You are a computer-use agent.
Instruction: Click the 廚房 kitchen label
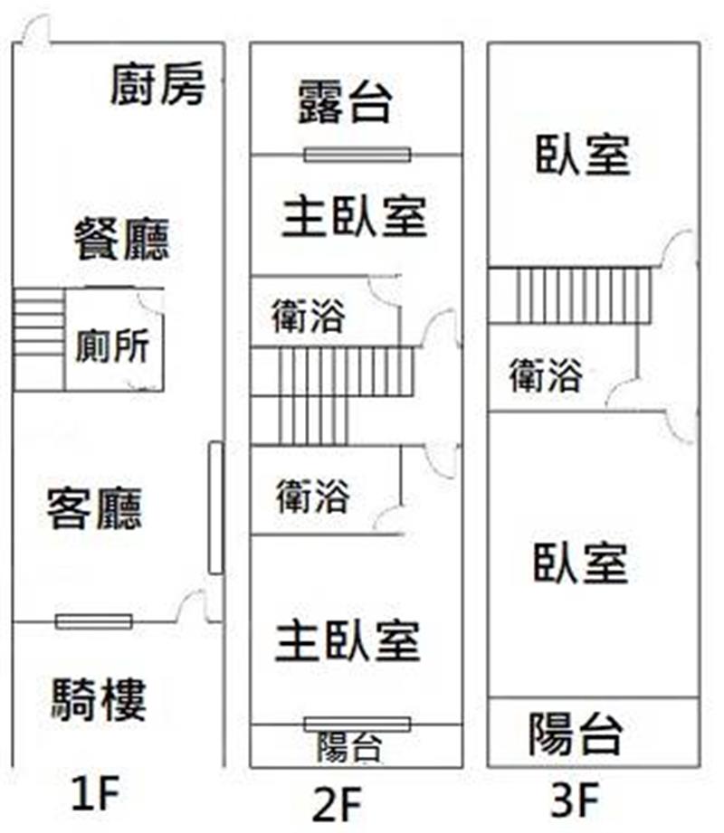coord(157,83)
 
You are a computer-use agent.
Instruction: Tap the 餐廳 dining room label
coord(122,239)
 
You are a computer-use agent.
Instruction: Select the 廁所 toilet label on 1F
coord(112,346)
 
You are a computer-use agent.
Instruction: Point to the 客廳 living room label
coord(95,508)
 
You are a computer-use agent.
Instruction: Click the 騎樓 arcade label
coord(99,699)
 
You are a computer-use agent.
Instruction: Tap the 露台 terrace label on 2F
coord(346,102)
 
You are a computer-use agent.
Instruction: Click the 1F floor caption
coord(96,793)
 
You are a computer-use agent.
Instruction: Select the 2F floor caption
coord(337,804)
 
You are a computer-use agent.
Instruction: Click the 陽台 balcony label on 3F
coord(576,734)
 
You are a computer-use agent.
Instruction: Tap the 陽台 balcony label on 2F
coord(349,747)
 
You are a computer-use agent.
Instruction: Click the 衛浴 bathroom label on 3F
coord(546,375)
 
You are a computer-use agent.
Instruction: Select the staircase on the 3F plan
coord(569,296)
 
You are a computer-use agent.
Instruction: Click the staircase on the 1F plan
coord(39,340)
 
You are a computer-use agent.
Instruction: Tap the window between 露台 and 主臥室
coord(357,155)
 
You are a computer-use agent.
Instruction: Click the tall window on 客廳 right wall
coord(215,508)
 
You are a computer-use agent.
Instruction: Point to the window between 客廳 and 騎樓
coord(94,621)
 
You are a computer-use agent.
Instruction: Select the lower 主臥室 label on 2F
coord(348,641)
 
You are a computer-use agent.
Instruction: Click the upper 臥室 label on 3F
coord(583,156)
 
